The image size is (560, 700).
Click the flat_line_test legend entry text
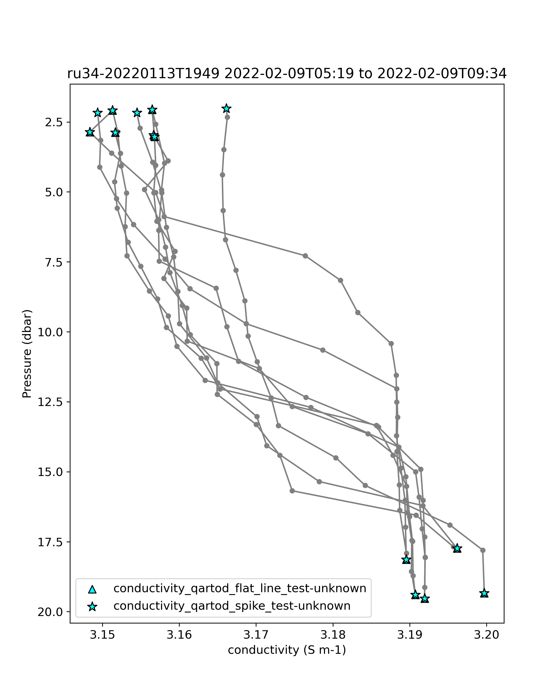tap(240, 588)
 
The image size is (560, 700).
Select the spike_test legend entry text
tap(232, 606)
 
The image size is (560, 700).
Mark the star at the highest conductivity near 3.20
tap(484, 593)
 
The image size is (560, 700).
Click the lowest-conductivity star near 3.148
tap(90, 133)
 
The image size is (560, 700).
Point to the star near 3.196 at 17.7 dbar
tap(457, 548)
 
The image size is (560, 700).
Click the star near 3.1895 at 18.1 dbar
tap(406, 559)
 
